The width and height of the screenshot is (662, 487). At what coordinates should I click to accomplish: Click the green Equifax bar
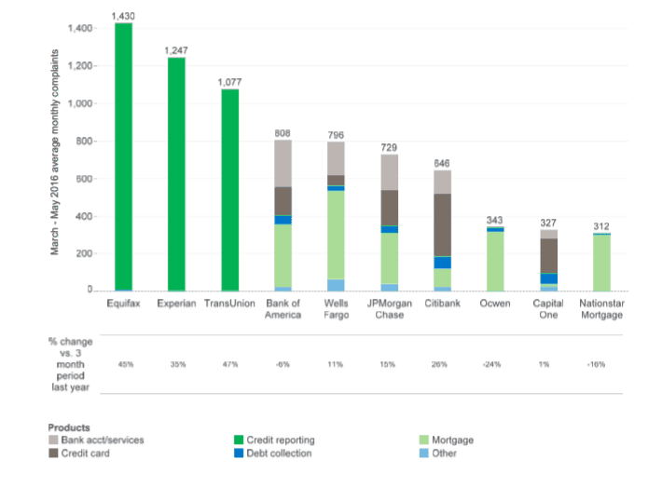(123, 158)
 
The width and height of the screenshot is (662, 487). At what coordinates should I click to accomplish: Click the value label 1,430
(123, 16)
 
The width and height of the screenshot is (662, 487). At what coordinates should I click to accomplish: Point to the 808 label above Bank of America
(283, 133)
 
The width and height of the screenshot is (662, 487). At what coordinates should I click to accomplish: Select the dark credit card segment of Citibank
(442, 224)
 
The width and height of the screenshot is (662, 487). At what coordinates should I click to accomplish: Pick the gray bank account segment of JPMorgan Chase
(389, 172)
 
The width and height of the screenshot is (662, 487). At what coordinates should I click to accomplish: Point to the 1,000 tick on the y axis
(82, 103)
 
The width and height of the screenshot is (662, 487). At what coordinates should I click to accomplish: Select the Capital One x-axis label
(548, 308)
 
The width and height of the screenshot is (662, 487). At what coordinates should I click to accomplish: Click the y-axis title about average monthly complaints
(58, 154)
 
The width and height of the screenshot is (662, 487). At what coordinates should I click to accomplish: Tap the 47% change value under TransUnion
(229, 364)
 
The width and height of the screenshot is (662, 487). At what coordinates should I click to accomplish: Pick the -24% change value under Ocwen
(495, 364)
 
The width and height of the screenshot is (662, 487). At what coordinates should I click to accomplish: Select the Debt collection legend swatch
(239, 453)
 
